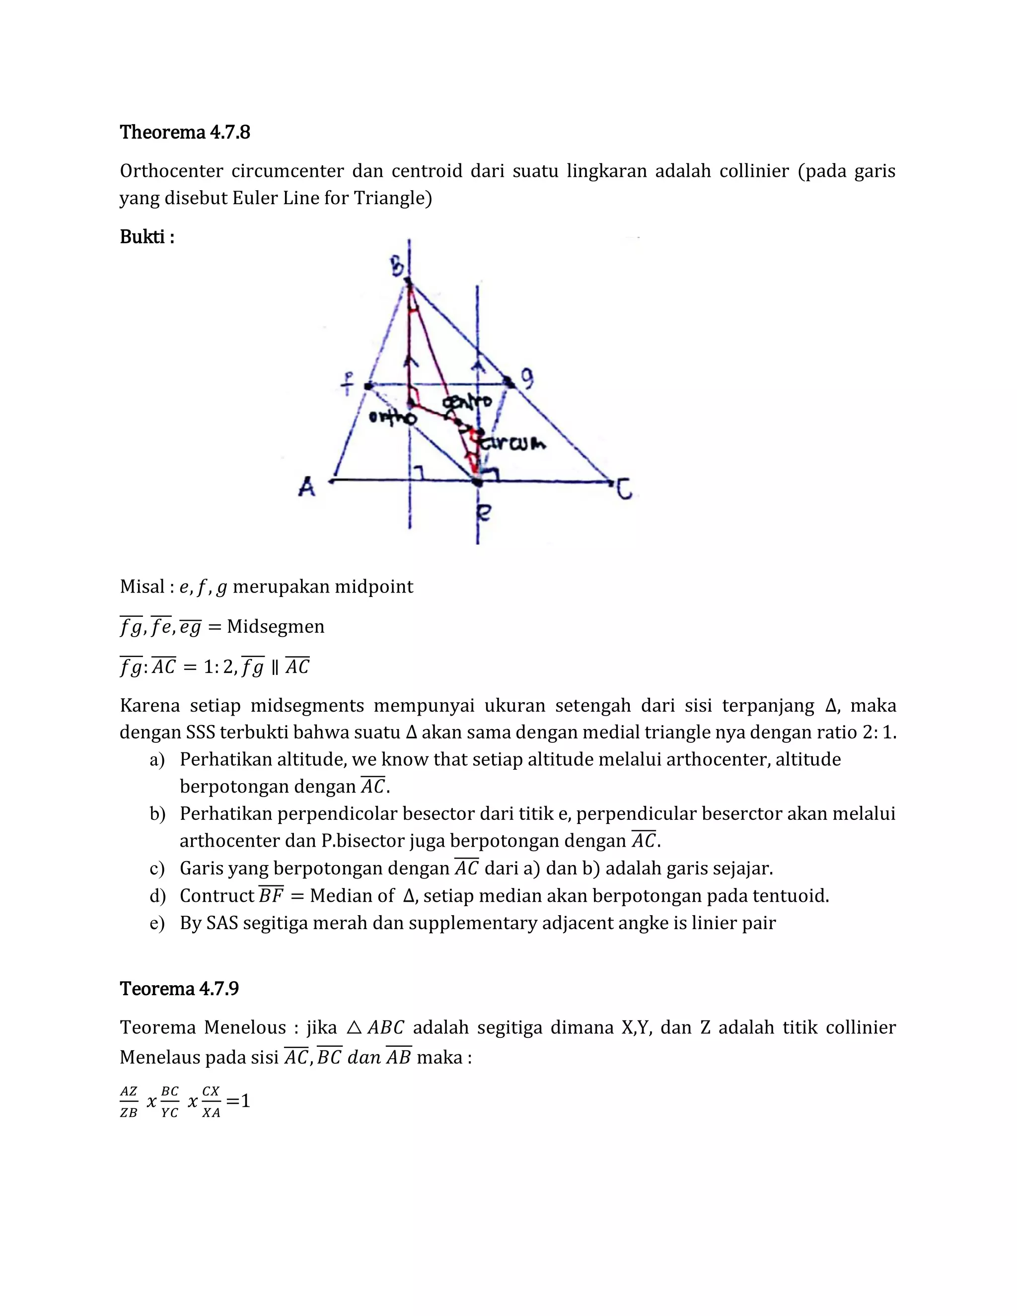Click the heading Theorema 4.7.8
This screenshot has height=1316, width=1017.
(184, 132)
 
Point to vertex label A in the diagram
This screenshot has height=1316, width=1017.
(307, 486)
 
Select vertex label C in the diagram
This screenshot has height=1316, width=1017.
(624, 489)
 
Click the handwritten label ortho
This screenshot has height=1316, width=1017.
(392, 417)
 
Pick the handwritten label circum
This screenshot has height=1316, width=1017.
(513, 443)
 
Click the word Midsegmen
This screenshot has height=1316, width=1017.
(275, 627)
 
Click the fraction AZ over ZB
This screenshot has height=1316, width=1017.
(128, 1102)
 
